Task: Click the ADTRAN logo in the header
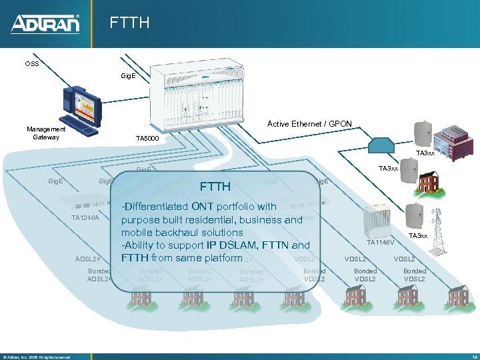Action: [x=45, y=24]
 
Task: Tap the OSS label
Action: [x=32, y=65]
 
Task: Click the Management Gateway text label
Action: [x=46, y=133]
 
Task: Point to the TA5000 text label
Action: [x=147, y=139]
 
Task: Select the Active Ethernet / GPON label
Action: [x=309, y=124]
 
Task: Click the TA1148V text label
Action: [x=381, y=243]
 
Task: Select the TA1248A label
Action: [x=85, y=218]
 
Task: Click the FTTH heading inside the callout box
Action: [x=215, y=186]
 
